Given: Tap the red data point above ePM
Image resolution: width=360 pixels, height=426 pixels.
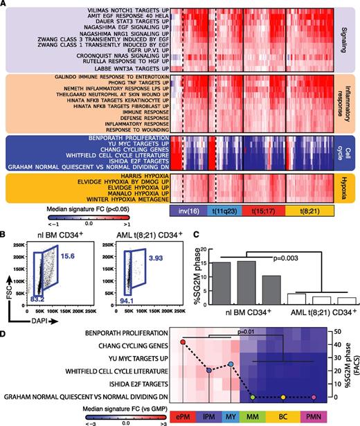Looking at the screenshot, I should tap(183, 341).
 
